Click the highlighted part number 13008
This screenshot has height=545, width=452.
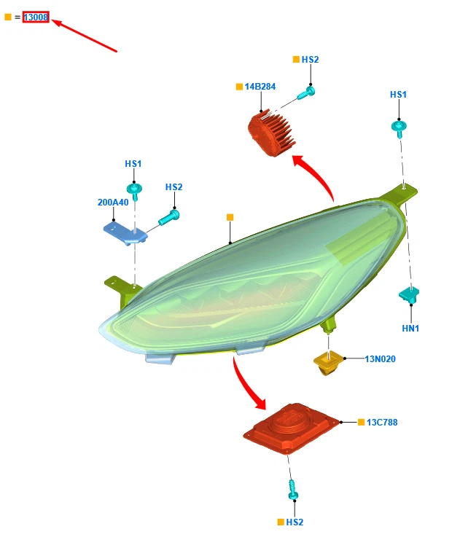[36, 17]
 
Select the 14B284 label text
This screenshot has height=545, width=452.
[260, 87]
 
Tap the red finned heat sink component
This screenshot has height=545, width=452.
[271, 133]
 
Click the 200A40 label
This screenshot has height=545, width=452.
[113, 203]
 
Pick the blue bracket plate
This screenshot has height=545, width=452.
[125, 234]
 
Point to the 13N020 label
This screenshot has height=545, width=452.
[380, 358]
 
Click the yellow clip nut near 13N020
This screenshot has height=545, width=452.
[328, 364]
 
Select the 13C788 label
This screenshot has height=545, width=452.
[382, 423]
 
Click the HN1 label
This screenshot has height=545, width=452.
[410, 329]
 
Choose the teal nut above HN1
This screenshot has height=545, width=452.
[409, 295]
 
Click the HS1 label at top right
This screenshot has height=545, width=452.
[398, 95]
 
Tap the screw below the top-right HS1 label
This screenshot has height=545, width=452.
[400, 128]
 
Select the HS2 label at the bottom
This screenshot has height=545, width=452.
[295, 522]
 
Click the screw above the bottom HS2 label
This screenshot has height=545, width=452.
[293, 490]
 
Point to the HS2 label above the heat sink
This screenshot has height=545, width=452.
[310, 60]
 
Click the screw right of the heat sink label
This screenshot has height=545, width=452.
[306, 93]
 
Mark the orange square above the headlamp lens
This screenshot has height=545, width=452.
[230, 217]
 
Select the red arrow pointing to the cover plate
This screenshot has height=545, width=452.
[245, 384]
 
